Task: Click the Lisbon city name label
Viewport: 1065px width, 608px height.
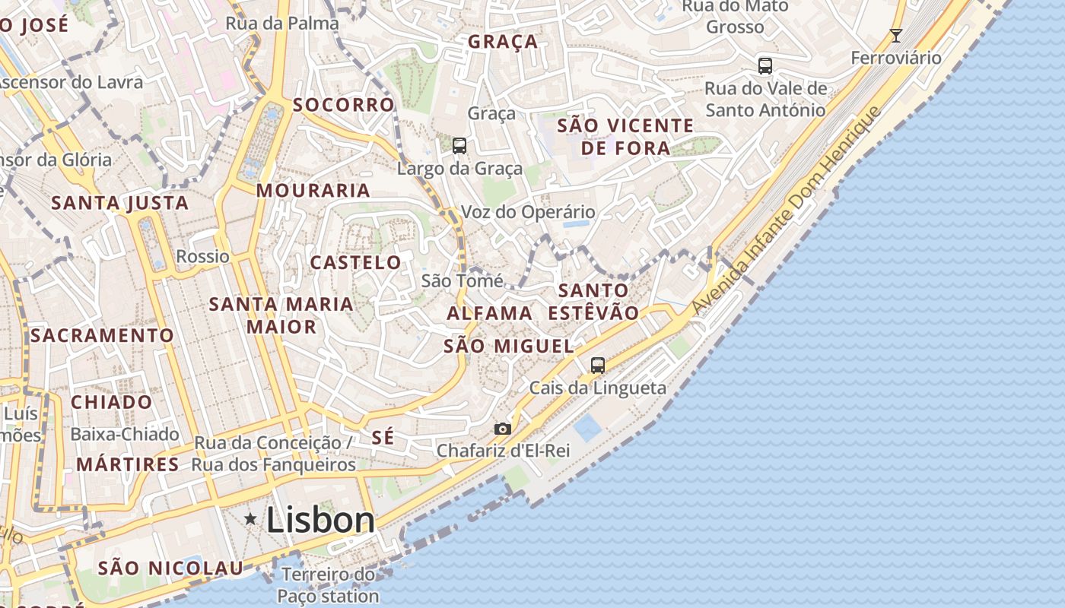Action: [x=320, y=521]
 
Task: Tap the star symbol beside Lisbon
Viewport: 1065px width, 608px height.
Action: [x=250, y=519]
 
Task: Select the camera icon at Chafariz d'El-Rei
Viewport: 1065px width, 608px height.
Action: [x=502, y=429]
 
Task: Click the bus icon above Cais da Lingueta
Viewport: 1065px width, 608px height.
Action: [x=598, y=366]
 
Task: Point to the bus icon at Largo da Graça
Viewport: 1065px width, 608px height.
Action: [x=459, y=146]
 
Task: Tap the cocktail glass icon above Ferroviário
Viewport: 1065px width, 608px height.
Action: [x=896, y=35]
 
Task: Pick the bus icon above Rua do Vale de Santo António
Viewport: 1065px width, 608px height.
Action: [x=765, y=66]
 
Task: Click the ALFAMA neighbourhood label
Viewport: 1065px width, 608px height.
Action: [x=489, y=313]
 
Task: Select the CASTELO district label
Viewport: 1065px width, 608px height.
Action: [x=355, y=263]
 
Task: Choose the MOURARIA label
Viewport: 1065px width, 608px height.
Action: [x=313, y=190]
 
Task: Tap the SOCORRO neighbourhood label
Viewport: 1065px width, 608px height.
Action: [x=344, y=105]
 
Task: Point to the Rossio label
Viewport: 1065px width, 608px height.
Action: [x=202, y=256]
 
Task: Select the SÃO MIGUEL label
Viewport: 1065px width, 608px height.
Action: [x=508, y=346]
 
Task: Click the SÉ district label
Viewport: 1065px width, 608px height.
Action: [x=383, y=437]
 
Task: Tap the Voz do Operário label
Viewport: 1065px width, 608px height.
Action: [x=528, y=212]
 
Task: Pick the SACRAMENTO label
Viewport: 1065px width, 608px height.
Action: [x=102, y=335]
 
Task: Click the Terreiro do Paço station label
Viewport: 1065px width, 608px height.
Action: [x=328, y=585]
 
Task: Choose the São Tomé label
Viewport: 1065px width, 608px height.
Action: [x=462, y=280]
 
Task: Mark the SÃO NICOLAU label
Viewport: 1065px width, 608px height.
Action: [x=170, y=568]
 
